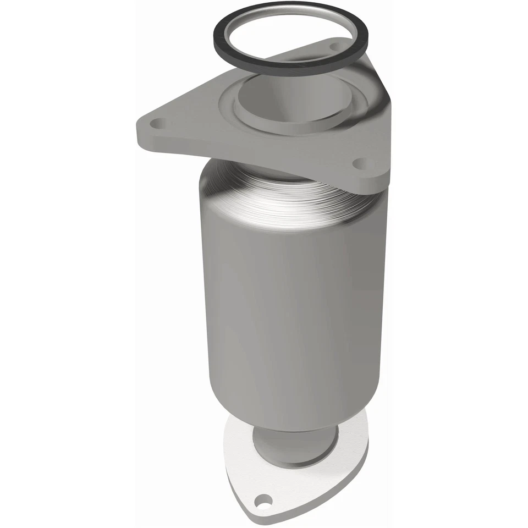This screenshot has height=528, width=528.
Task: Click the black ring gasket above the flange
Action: [216, 33]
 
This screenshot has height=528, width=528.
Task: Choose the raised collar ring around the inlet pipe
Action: [242, 110]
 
